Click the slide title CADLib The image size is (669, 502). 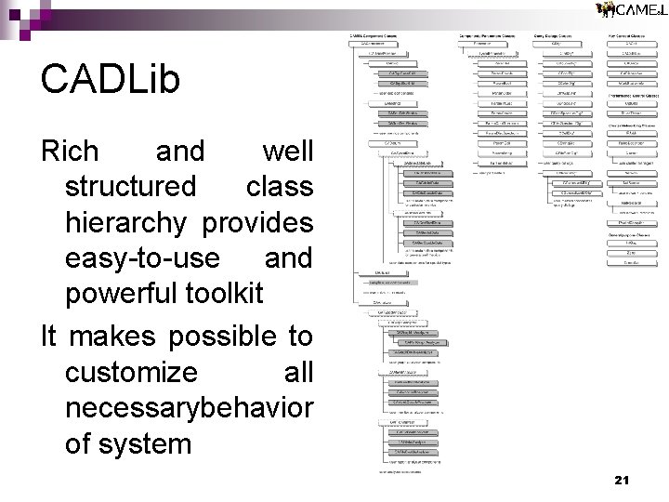[110, 81]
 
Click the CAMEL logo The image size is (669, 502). [631, 10]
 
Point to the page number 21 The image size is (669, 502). [622, 480]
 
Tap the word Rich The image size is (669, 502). [70, 151]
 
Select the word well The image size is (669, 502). [288, 151]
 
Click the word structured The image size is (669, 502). [131, 186]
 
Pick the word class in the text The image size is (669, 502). [280, 186]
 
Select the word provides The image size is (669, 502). [257, 222]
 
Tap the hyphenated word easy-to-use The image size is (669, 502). [143, 258]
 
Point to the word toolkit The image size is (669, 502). [225, 294]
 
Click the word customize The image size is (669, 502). [131, 372]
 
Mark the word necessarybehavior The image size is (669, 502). [190, 407]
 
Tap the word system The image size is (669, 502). [157, 443]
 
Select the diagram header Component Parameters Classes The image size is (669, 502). [489, 35]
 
